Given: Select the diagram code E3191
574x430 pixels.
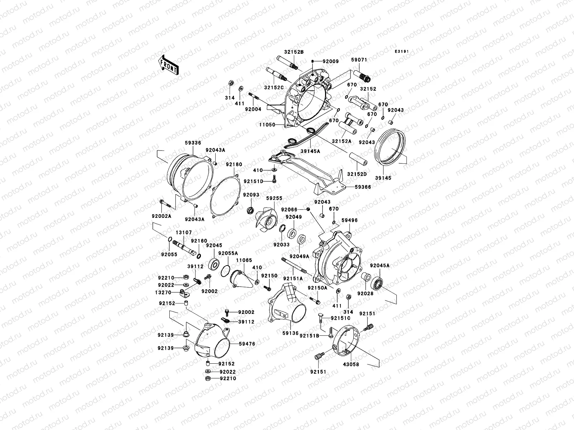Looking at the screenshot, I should pos(402,52).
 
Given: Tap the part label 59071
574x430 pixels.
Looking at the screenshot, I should pos(359,60).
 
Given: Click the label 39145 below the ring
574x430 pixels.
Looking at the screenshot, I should pos(383,178).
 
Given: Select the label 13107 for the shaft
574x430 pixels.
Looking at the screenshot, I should pos(184,232).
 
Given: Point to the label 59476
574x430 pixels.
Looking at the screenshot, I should pos(247,344).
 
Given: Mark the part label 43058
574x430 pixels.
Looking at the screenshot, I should pos(351,364).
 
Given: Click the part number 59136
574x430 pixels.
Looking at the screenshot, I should pos(290,333).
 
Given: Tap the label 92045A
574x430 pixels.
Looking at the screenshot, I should pos(380,266).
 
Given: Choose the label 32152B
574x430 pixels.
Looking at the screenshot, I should pos(294,52).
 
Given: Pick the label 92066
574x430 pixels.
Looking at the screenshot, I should pos(290,209).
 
